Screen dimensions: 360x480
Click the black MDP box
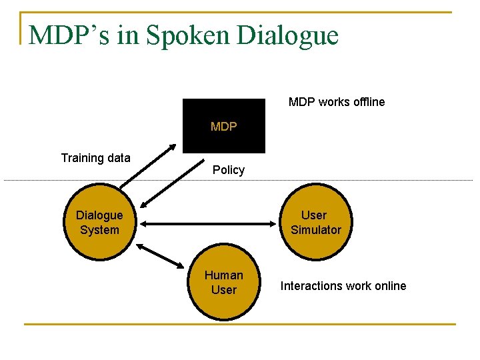coord(223,126)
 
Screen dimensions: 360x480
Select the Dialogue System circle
coord(99,223)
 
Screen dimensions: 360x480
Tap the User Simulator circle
coord(315,223)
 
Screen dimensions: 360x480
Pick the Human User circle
coord(223,283)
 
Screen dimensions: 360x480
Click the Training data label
coord(95,158)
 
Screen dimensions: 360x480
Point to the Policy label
coord(229,170)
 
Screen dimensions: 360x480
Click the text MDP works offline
coord(336,102)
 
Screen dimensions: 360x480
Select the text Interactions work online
coord(343,286)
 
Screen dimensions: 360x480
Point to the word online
coord(389,286)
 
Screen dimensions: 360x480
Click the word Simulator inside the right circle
coord(315,230)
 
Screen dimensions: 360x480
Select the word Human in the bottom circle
coord(223,275)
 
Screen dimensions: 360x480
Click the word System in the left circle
coord(99,230)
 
